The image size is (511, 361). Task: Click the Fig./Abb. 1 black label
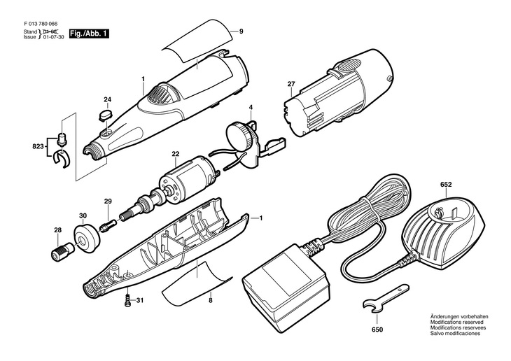point(90,33)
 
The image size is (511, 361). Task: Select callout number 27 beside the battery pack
point(290,84)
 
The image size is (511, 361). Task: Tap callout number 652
point(445,185)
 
